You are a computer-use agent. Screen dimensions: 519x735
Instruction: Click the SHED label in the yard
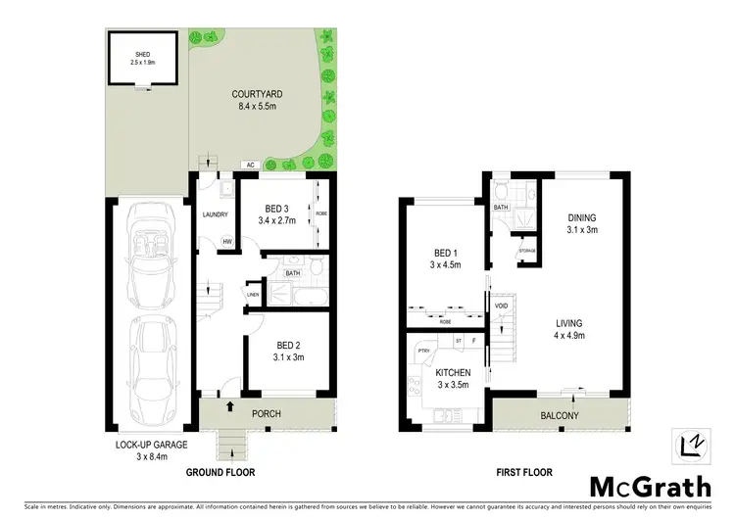click(142, 56)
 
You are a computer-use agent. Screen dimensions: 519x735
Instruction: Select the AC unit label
click(251, 164)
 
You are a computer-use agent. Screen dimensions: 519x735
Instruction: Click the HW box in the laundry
click(227, 242)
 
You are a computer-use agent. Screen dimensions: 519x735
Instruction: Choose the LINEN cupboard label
click(253, 294)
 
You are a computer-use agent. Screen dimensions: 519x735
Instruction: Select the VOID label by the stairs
click(502, 306)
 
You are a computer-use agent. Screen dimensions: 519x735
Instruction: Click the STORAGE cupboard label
click(525, 252)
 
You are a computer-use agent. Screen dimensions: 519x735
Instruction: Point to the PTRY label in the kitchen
click(424, 351)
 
